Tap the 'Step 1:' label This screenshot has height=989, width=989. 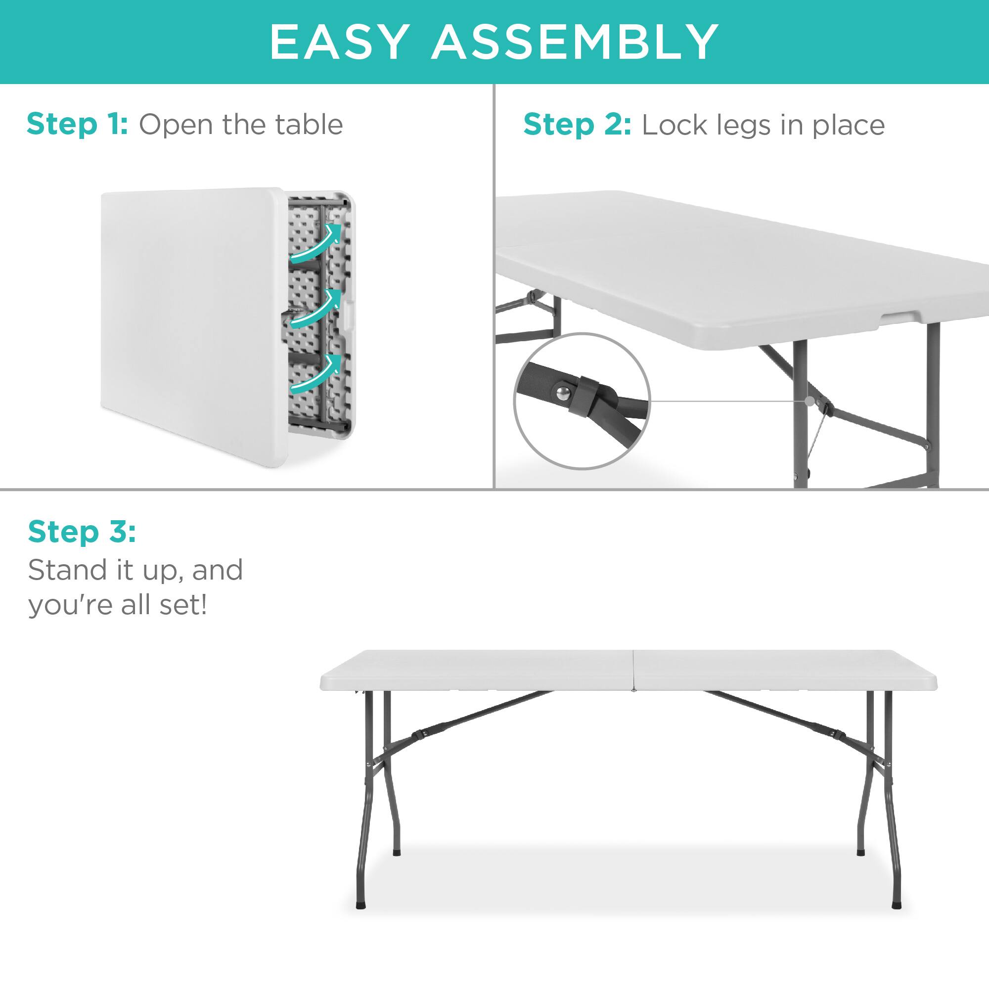(x=77, y=125)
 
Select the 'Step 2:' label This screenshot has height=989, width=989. (x=577, y=125)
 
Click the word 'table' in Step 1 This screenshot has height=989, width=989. (x=309, y=125)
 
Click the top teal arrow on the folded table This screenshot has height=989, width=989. (x=316, y=245)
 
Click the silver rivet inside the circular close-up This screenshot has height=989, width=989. (x=563, y=392)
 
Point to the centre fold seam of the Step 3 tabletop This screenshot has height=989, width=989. (x=633, y=670)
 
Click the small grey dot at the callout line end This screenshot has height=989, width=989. (x=809, y=401)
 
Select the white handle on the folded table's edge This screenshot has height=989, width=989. (x=349, y=314)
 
